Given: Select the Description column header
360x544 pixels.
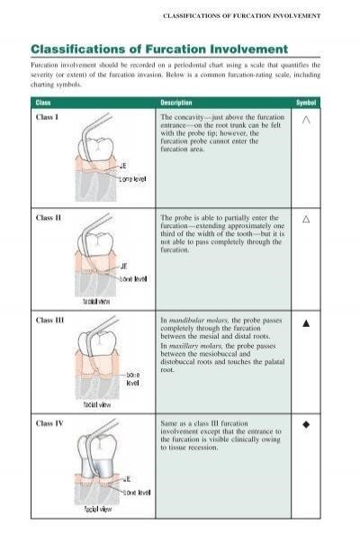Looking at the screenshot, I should click(x=175, y=104).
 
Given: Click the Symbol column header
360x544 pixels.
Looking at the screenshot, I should click(x=306, y=104).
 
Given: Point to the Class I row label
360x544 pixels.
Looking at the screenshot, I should click(x=47, y=118).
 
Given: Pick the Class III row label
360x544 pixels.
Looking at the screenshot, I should click(x=49, y=320).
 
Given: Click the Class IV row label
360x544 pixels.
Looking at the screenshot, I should click(x=49, y=422).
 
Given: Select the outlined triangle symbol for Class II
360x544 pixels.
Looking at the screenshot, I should click(x=306, y=219).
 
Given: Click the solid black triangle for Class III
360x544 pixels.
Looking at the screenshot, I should click(x=306, y=321).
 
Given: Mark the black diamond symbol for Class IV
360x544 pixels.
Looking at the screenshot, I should click(x=306, y=422).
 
